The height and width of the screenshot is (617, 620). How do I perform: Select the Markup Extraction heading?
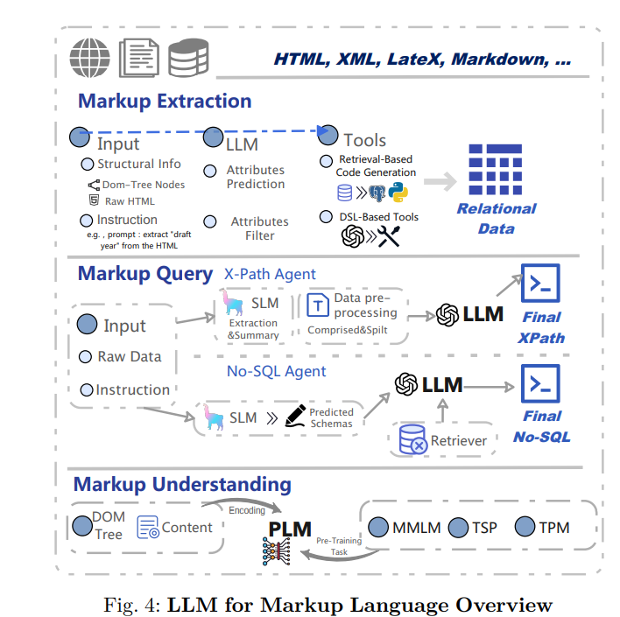click(165, 101)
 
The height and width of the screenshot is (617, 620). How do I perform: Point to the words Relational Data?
click(497, 219)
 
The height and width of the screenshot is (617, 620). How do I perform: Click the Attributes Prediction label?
click(256, 177)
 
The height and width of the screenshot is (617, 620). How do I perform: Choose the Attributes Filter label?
click(259, 228)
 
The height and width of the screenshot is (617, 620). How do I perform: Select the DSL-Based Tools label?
click(379, 216)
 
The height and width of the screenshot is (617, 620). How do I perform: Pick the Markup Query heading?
click(144, 274)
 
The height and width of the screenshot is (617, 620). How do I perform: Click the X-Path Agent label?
click(270, 274)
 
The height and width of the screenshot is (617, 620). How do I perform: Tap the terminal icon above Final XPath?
click(540, 283)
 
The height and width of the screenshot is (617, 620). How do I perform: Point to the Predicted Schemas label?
click(332, 417)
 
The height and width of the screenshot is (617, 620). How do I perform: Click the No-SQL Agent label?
click(276, 371)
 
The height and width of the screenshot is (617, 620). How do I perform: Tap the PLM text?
click(290, 529)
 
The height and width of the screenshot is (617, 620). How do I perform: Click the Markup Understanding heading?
click(182, 484)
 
